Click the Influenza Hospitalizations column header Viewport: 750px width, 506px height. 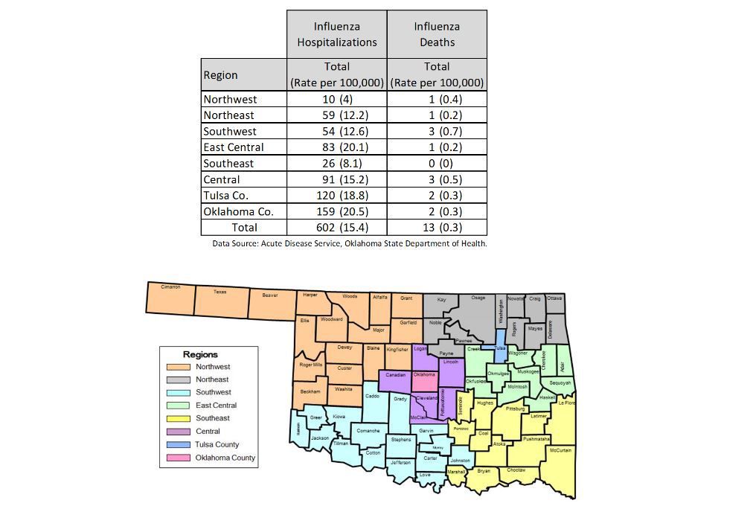[x=337, y=34]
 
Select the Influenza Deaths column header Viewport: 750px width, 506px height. [x=437, y=34]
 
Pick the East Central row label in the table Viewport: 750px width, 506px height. [x=233, y=147]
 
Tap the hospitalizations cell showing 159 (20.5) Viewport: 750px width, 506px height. [x=337, y=211]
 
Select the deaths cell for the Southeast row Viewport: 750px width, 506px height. [x=437, y=163]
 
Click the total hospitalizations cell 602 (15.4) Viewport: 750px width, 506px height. [x=337, y=228]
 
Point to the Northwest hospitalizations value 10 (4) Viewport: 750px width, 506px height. [x=337, y=99]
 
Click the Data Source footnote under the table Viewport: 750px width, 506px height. [x=349, y=243]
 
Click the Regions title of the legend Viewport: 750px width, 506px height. [x=200, y=354]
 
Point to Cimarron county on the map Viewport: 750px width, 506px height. [x=170, y=287]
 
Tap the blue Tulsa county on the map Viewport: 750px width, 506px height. [x=500, y=348]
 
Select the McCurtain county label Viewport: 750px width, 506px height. [x=560, y=451]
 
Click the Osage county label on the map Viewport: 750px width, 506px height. [x=478, y=298]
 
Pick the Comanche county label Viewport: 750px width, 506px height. [x=368, y=431]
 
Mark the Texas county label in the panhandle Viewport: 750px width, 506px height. [x=219, y=292]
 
